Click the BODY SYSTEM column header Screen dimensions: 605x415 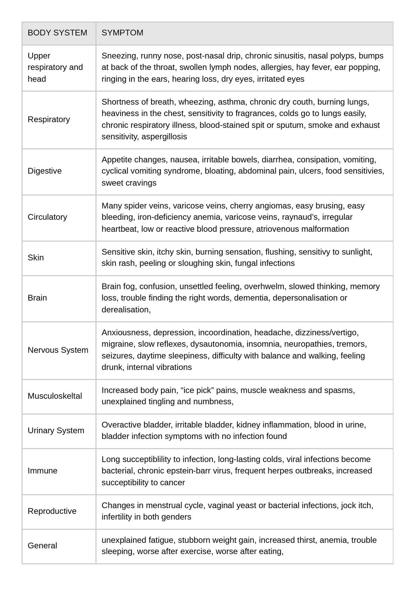click(x=57, y=33)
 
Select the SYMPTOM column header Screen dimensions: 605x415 click(x=122, y=33)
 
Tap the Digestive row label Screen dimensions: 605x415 click(x=45, y=171)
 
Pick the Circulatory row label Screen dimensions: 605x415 click(x=47, y=217)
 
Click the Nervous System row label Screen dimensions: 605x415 click(x=58, y=350)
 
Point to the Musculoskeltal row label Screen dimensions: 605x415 click(x=55, y=396)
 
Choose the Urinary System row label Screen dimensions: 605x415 click(x=56, y=431)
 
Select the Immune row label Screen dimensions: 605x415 click(x=43, y=471)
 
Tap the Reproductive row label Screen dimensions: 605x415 click(x=52, y=511)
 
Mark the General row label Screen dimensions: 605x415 click(x=42, y=546)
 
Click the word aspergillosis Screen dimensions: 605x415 click(x=164, y=137)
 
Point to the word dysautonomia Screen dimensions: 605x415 click(x=216, y=344)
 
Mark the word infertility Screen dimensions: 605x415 click(x=117, y=517)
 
